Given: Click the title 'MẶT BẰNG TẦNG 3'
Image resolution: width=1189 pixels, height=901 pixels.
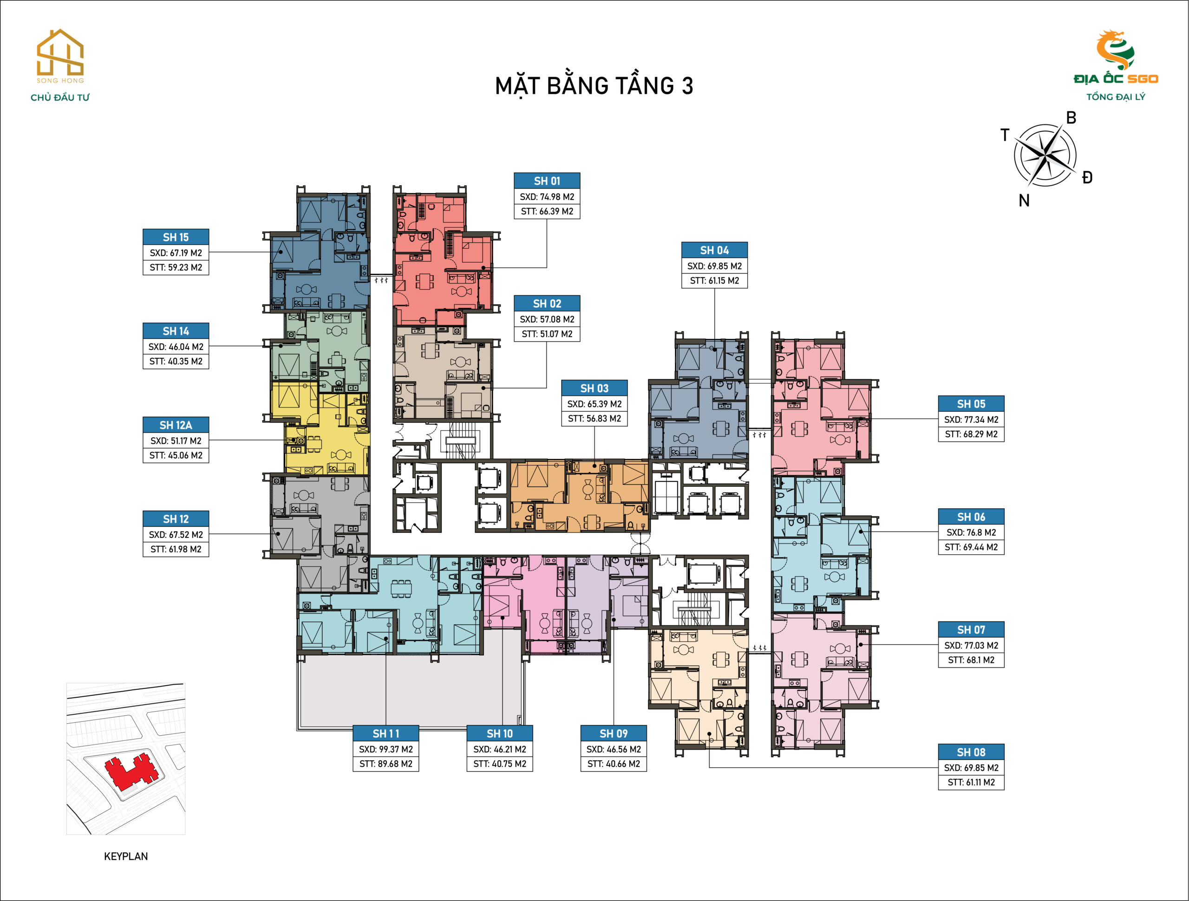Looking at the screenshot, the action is [x=594, y=86].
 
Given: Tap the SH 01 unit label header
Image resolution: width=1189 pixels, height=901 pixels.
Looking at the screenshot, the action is [x=547, y=181].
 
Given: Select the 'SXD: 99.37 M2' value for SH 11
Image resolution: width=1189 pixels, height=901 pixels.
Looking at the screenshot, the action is [x=386, y=749].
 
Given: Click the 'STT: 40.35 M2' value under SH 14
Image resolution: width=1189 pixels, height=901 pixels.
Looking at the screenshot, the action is [x=176, y=362].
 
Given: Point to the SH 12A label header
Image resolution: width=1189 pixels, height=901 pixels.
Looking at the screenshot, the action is [x=176, y=425].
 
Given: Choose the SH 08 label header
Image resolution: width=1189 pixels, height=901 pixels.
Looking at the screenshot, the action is [x=971, y=752].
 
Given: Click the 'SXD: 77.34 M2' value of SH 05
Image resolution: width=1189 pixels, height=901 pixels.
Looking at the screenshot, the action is [x=971, y=420].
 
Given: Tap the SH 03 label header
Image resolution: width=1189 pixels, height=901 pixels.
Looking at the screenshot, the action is [x=594, y=388].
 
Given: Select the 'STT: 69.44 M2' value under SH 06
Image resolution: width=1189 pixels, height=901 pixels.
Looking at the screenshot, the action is [x=971, y=547].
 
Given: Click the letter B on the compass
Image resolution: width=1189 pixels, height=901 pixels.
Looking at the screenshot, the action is [x=1071, y=117].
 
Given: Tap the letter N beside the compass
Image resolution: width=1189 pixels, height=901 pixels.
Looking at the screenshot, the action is [x=1024, y=201].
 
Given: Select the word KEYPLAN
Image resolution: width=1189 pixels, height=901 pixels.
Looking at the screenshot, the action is [x=126, y=856].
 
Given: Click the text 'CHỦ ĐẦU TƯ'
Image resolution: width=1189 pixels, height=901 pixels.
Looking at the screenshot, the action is [x=60, y=97].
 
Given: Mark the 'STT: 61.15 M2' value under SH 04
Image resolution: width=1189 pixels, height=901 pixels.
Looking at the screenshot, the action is [x=714, y=280].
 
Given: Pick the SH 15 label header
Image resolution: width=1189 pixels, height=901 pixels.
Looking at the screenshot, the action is [x=176, y=237].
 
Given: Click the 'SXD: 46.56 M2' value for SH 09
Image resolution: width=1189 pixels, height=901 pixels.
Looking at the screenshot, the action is [x=614, y=749].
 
